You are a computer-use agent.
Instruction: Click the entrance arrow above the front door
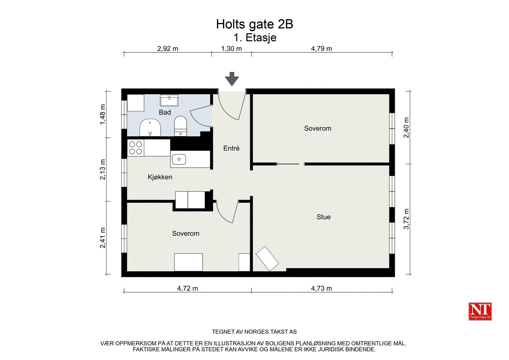pos(232,79)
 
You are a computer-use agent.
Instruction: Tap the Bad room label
pos(165,112)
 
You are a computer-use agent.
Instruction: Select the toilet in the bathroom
pos(181,126)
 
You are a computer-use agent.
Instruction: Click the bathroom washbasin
pos(169,101)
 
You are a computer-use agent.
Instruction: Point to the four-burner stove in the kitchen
pos(135,148)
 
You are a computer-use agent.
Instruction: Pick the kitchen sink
pos(179,159)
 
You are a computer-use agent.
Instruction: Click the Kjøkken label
pos(160,177)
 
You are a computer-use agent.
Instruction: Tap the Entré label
pos(231,148)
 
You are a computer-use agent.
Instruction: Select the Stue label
pos(324,217)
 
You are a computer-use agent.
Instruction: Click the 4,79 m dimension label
pos(321,49)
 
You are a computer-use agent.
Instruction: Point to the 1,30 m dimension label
pos(231,49)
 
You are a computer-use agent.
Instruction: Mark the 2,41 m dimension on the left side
pos(103,238)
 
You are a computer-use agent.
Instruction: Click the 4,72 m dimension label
pos(187,288)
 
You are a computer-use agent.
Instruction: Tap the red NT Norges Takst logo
pos(480,311)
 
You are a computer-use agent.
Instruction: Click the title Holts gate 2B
pos(254,24)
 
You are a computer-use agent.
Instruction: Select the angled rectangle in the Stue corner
pos(267,259)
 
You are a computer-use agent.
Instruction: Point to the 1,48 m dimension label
pos(103,114)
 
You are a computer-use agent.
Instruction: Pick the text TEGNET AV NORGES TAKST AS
pos(254,332)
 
